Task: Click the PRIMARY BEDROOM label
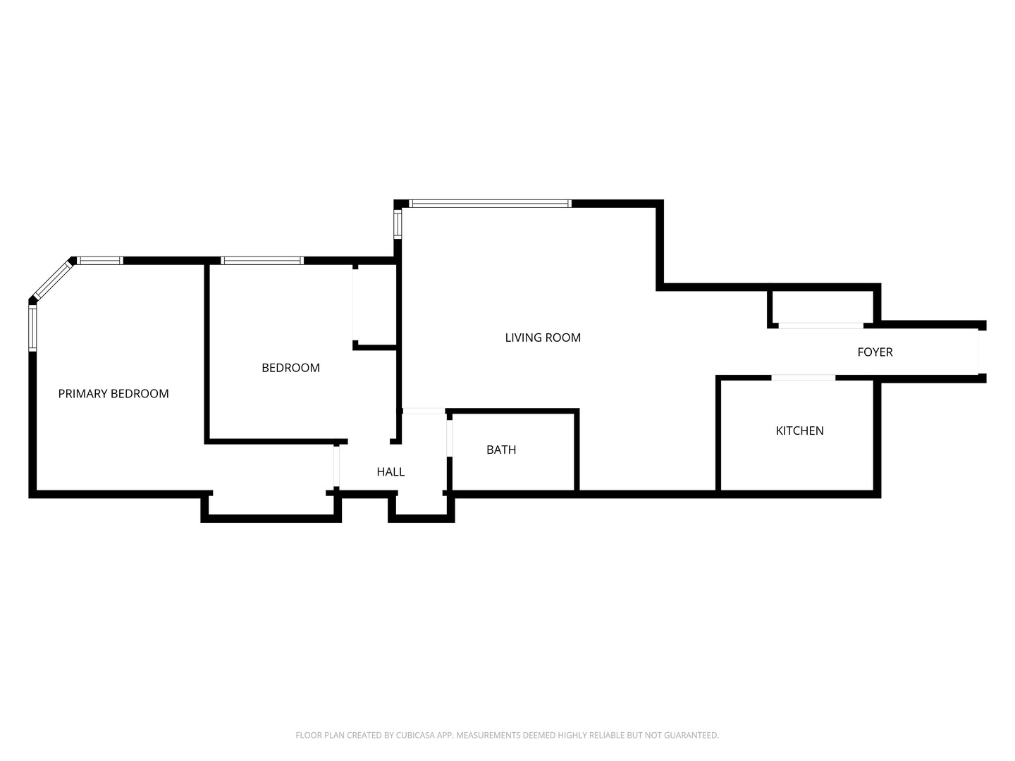point(113,394)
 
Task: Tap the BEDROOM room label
point(290,368)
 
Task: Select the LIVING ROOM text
point(543,338)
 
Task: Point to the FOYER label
point(875,352)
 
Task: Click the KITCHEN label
point(799,431)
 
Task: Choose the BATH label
point(501,450)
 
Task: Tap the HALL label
point(390,472)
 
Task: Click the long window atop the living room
point(490,204)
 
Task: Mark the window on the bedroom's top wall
point(262,261)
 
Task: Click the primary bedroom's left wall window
point(32,328)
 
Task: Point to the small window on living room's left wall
point(398,225)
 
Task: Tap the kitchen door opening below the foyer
point(804,378)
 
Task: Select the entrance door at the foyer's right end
point(979,352)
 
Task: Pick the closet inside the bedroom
point(375,307)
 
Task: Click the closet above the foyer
point(822,307)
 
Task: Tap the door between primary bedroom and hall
point(337,466)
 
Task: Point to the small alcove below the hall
point(421,506)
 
